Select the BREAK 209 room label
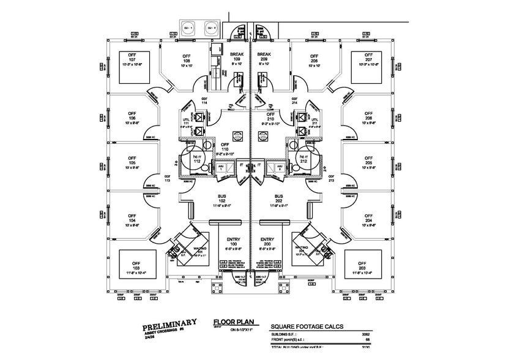pos(264,58)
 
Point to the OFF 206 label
pos(314,58)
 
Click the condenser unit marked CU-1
pos(187,28)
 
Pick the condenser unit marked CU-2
pos(210,28)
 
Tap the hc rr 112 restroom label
pos(196,159)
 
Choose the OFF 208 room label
pos(368,116)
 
